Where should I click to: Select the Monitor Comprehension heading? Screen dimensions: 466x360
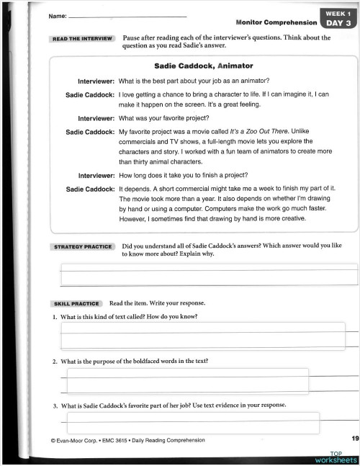click(276, 22)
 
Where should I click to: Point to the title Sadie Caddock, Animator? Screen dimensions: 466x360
click(204, 66)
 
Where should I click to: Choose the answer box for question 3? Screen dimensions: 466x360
click(192, 422)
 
